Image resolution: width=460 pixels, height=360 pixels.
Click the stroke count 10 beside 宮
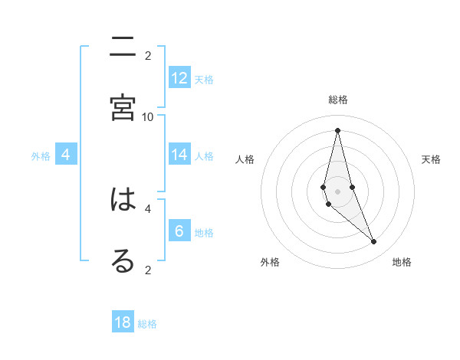(148, 116)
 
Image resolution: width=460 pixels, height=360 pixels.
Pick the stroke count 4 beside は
(148, 208)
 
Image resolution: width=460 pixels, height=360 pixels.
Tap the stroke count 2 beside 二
(148, 55)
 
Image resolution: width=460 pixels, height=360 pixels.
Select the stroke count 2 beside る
(148, 269)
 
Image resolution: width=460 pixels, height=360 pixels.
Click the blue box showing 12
(179, 77)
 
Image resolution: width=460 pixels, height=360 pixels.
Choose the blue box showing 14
(179, 155)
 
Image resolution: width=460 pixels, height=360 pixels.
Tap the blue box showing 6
(179, 231)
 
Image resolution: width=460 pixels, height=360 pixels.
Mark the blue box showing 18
(123, 322)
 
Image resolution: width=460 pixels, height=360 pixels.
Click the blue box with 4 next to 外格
(66, 155)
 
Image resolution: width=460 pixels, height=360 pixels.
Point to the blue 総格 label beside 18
(147, 324)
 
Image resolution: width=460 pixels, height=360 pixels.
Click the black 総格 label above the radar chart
(337, 100)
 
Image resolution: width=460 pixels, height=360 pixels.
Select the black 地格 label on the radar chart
(402, 262)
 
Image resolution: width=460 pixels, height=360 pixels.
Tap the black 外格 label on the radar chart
(270, 262)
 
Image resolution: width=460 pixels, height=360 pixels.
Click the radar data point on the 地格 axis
(374, 242)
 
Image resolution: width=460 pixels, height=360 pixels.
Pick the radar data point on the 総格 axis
(337, 129)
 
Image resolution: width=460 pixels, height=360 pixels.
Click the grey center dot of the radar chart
(337, 191)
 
